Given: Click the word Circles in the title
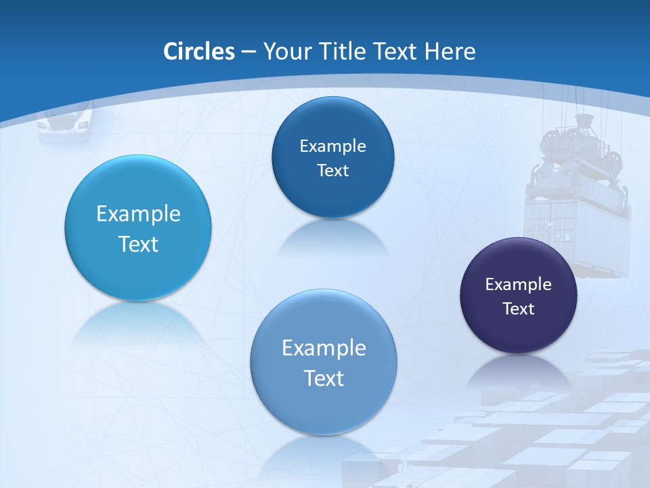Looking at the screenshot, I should (x=199, y=52).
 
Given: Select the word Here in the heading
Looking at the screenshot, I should (x=450, y=52).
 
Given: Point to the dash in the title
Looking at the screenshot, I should (x=248, y=52).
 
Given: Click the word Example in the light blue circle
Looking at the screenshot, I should (x=138, y=214).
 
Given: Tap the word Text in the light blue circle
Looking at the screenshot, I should (x=138, y=244).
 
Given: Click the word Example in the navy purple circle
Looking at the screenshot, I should (x=519, y=285).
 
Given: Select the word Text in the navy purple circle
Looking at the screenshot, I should (x=519, y=309).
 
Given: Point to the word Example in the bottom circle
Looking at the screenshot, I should (x=324, y=348).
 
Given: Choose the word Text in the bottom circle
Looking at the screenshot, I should (x=324, y=378).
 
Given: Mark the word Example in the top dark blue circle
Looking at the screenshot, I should (x=332, y=146).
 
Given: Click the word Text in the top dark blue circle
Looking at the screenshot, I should (x=332, y=171).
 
